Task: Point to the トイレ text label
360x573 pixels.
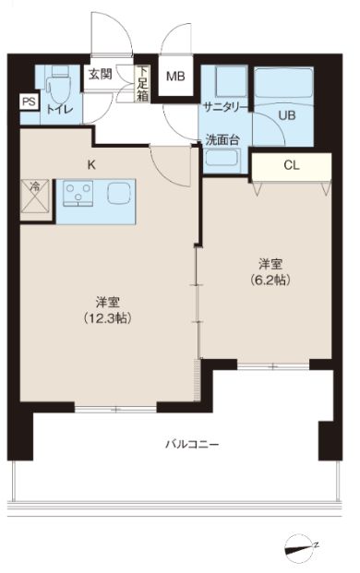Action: coord(60,109)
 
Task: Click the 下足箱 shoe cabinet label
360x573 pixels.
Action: coord(143,84)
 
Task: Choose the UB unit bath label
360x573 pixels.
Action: coord(287,115)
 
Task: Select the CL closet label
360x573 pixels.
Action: coord(292,166)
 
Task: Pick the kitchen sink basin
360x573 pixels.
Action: coord(119,195)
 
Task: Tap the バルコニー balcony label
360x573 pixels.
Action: coord(191,444)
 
